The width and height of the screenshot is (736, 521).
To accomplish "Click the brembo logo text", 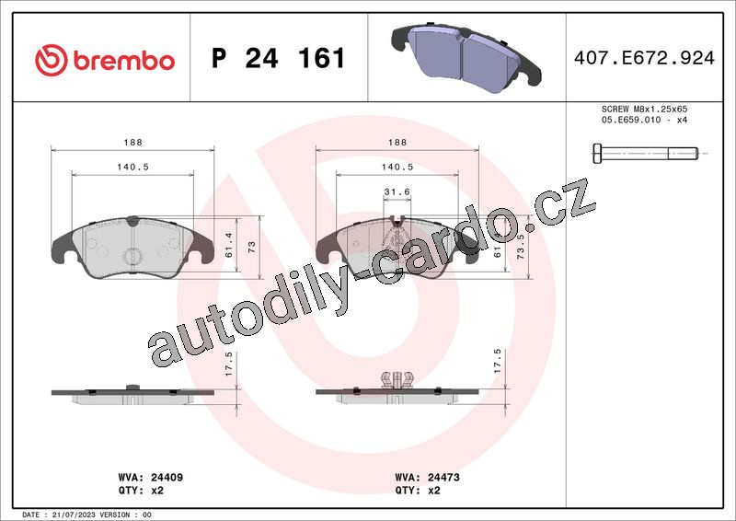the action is click(x=124, y=61).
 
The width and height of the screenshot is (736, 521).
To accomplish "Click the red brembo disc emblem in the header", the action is click(x=52, y=60).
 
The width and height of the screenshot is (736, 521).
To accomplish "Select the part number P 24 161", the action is click(x=279, y=58).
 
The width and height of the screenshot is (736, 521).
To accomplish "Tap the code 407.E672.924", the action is click(x=645, y=58).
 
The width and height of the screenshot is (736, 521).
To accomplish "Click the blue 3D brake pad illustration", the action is click(x=466, y=58).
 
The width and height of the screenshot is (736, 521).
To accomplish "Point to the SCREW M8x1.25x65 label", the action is click(x=645, y=109).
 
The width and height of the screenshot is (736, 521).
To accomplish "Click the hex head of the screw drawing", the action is click(x=596, y=154).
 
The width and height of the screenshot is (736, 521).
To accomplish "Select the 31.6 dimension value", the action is click(x=397, y=191).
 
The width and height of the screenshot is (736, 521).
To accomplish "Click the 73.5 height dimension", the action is click(x=521, y=247).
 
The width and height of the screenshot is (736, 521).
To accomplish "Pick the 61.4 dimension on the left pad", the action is click(x=229, y=245).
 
